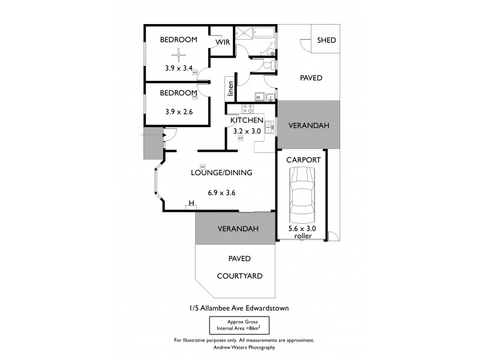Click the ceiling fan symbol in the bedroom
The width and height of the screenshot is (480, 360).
click(178, 56)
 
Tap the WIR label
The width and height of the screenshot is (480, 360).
click(223, 42)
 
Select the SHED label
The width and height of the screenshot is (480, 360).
click(326, 40)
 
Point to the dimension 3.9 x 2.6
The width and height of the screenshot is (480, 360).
click(178, 111)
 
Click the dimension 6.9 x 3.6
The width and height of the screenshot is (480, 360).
click(221, 193)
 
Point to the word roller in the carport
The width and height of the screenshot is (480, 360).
click(303, 236)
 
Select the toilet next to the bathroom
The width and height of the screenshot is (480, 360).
click(271, 64)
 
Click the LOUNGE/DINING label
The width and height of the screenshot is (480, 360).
click(221, 173)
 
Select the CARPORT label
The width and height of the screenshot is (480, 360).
click(303, 160)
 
